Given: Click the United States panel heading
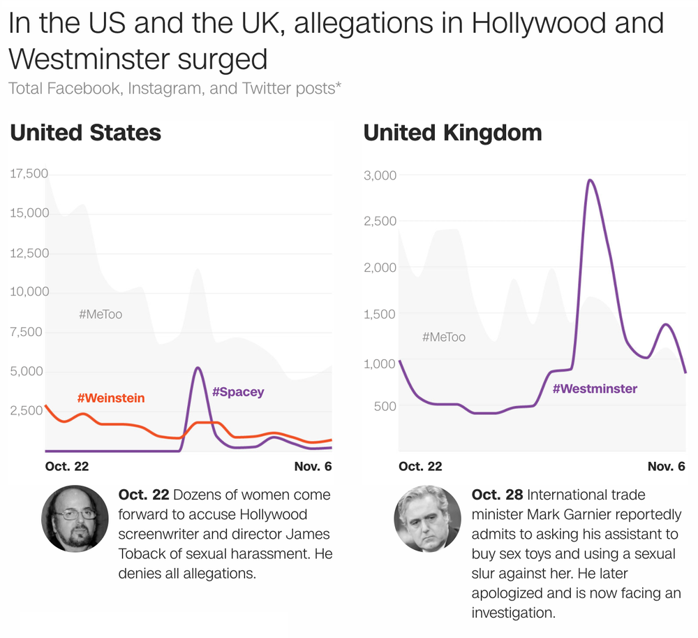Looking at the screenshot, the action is coord(85,133).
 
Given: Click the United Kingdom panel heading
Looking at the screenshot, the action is coord(453,133).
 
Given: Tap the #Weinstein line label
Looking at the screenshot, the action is coord(111,398).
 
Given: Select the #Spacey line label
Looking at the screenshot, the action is coord(238,392).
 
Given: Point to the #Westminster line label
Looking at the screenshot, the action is coord(595,389).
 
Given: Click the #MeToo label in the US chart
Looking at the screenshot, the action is coord(101,314).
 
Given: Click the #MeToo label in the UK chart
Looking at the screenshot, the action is coord(444,337).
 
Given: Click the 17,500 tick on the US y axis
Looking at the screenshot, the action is coord(29,173).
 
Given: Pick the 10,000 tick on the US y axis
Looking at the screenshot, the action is coord(29,292).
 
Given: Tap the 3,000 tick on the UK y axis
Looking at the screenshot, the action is coord(380,175).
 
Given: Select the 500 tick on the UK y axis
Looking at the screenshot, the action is coord(385,406).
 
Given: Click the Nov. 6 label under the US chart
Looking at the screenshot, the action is coord(313,467).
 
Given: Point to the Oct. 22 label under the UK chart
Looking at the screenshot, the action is coord(420,467).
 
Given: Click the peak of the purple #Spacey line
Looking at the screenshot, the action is coord(198,368).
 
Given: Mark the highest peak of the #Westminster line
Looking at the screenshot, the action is coord(590,180).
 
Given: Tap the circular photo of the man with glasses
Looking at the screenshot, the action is coord(75,519).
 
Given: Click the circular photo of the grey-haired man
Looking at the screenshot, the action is coord(428,519).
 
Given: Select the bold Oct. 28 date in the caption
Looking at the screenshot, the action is coord(497,495).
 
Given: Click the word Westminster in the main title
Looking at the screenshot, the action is coord(89,59).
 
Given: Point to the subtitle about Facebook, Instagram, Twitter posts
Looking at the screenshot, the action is coord(174,88).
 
